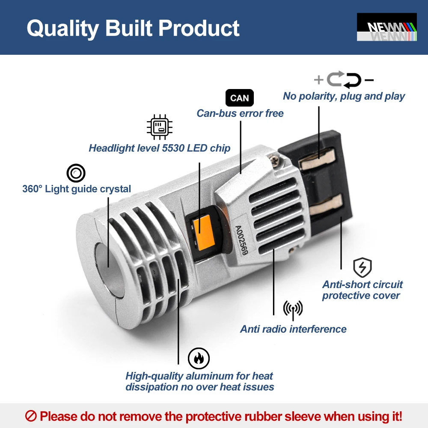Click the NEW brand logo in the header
pos(387,27)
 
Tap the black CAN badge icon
pos(239,98)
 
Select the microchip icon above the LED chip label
pos(159,127)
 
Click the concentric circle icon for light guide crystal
pos(76,173)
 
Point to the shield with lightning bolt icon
pos(362,267)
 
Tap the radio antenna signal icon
pos(293,310)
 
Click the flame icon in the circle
pos(199,358)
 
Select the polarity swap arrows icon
pos(344,80)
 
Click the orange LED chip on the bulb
pos(203,232)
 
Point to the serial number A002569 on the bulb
pos(241,240)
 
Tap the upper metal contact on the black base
pos(317,159)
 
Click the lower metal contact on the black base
pos(326,204)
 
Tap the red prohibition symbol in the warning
pos(30,416)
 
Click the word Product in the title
pos(199,28)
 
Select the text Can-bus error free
pos(240,113)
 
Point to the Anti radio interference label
pos(293,329)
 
